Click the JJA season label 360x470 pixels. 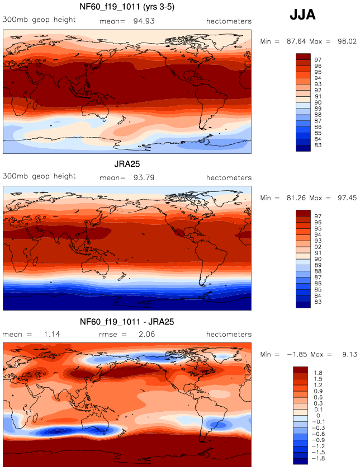(302, 15)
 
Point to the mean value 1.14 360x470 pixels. (51, 335)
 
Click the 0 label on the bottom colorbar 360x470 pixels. (317, 415)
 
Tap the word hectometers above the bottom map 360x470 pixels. (229, 335)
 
